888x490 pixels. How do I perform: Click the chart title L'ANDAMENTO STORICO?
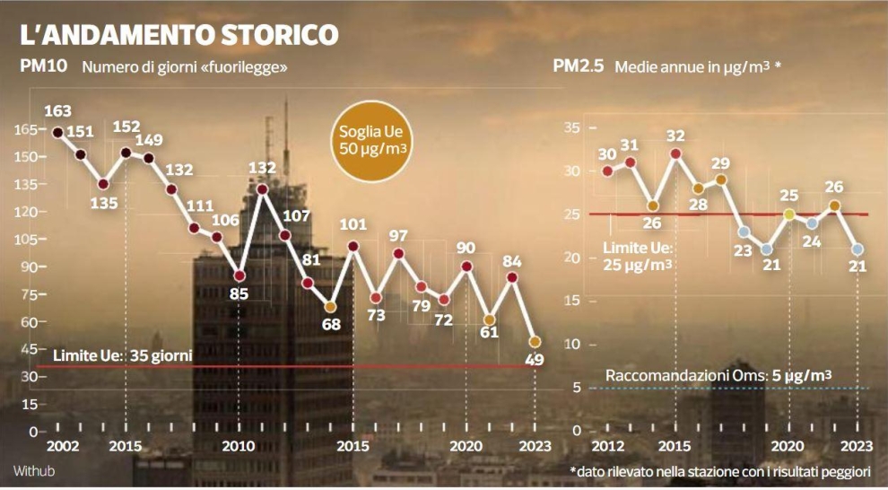(x=179, y=34)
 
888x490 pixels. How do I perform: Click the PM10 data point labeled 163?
(x=57, y=133)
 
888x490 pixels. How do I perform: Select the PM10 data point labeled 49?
(x=535, y=342)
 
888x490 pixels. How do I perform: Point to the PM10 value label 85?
(x=239, y=293)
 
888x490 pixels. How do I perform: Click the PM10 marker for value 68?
(x=331, y=307)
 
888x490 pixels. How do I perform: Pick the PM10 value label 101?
(x=354, y=224)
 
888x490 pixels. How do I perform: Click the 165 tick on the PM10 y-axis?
(x=26, y=129)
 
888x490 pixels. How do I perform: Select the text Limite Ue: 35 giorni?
(x=123, y=355)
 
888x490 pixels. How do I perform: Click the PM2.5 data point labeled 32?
(x=675, y=153)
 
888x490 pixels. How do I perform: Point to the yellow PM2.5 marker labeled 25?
(x=789, y=214)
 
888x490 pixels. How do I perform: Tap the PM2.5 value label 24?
(x=811, y=241)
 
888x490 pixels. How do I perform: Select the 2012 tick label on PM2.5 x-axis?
(x=607, y=446)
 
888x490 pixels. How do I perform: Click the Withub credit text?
(x=29, y=470)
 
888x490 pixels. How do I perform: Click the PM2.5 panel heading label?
(x=579, y=66)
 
